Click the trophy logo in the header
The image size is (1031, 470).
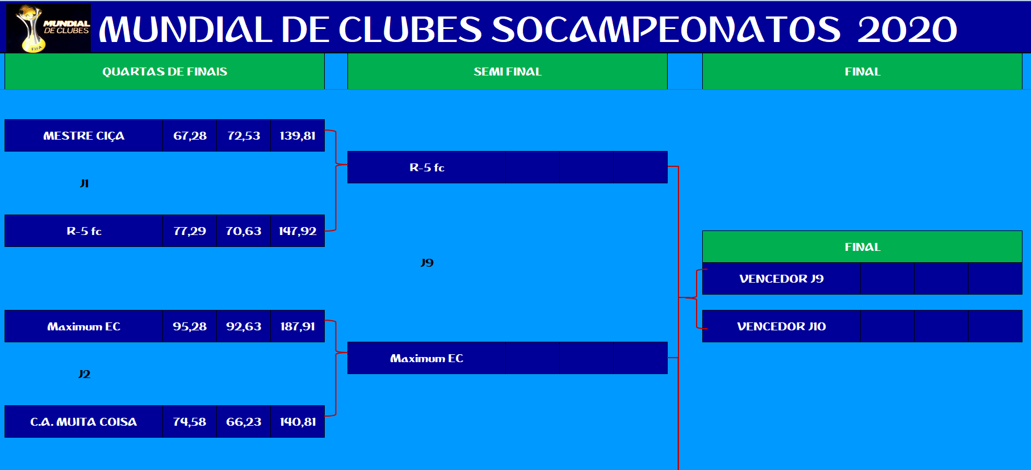(x=48, y=28)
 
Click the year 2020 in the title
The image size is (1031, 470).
(x=907, y=30)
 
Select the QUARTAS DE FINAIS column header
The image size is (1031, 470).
(x=165, y=72)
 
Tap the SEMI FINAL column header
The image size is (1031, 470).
(x=508, y=72)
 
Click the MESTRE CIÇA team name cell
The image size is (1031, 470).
(x=84, y=136)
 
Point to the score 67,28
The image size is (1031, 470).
(x=190, y=136)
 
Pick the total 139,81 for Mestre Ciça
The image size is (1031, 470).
(x=297, y=136)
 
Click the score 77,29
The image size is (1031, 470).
(x=190, y=231)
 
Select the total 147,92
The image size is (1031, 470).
(x=297, y=231)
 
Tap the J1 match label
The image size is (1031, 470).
(x=84, y=183)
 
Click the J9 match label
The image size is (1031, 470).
(x=427, y=263)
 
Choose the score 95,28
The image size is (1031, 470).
(x=190, y=326)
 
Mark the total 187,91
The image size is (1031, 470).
(x=297, y=326)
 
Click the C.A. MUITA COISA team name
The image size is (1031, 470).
(x=83, y=422)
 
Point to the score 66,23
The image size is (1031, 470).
(x=244, y=422)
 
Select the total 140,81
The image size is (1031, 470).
(x=297, y=422)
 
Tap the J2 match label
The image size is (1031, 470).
(x=84, y=374)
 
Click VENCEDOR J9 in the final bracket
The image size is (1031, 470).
(x=781, y=279)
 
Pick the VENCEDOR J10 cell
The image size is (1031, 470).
(x=781, y=326)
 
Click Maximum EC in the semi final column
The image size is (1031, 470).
(x=426, y=358)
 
